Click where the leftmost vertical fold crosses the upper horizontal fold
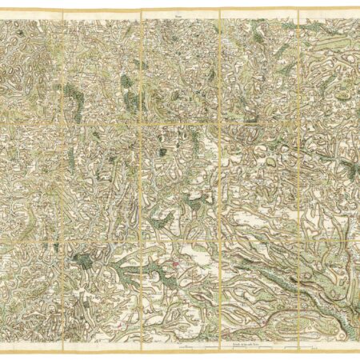tap(62, 122)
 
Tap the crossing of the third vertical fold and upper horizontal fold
tap(219, 122)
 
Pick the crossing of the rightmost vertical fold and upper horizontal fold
tap(298, 122)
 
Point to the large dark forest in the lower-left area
tap(82, 260)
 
